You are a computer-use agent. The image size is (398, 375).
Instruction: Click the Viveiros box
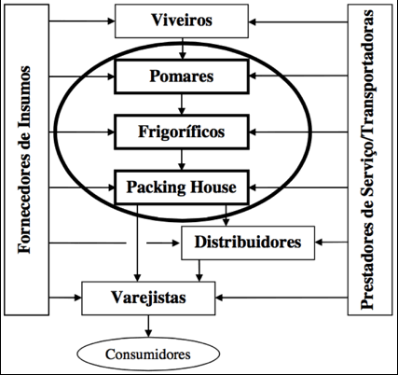[182, 21]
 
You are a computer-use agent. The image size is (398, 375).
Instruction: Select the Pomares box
[182, 76]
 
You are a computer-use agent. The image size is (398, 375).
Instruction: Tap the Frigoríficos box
[182, 132]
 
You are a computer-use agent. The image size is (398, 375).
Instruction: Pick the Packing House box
[182, 187]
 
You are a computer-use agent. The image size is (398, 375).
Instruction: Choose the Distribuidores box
[248, 243]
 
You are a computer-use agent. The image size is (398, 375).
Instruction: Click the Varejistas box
[148, 299]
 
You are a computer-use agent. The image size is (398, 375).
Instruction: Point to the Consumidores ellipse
[148, 354]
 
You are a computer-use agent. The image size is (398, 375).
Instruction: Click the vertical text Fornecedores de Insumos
[24, 160]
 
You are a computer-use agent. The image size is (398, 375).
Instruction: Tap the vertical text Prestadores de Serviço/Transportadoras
[367, 160]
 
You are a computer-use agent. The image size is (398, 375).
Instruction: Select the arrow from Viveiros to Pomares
[183, 49]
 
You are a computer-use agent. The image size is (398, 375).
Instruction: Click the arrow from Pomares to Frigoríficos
[182, 104]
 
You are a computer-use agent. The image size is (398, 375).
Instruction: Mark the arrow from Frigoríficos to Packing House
[182, 160]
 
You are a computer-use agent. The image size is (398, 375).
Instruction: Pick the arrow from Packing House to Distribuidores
[226, 215]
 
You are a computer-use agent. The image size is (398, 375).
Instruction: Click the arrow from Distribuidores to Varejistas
[199, 271]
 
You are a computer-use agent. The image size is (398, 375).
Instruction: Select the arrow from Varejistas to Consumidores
[148, 326]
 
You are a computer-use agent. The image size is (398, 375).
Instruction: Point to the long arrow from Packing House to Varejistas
[137, 243]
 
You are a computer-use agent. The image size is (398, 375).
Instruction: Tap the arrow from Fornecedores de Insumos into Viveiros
[82, 21]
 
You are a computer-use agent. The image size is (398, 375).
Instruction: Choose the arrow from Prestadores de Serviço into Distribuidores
[331, 243]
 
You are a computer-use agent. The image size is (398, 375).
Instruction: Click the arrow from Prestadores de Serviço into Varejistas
[281, 298]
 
